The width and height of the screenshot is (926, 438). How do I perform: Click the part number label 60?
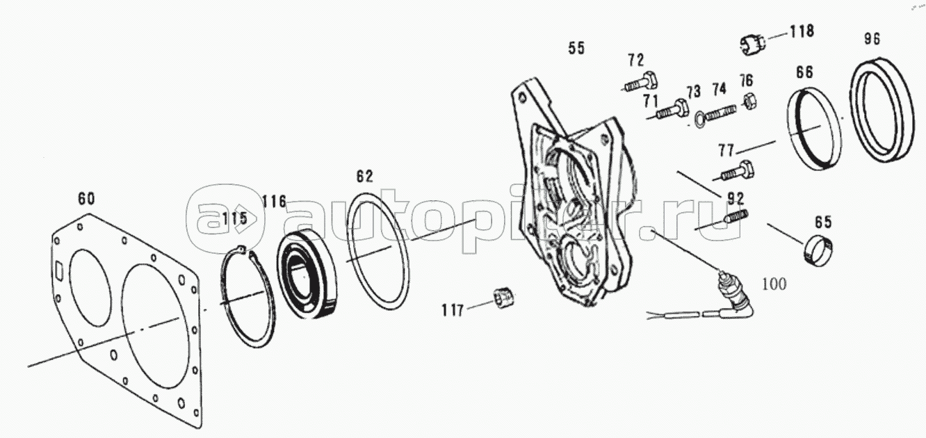tap(86, 199)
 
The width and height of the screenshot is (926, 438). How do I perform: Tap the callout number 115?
tap(234, 218)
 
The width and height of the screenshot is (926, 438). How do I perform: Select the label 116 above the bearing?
tap(274, 202)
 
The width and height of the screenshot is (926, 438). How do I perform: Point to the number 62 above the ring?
tap(364, 177)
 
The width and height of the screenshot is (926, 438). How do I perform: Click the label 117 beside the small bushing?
tap(453, 310)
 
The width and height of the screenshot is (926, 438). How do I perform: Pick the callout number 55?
tap(576, 49)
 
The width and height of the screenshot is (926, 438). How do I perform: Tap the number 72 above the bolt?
tap(636, 60)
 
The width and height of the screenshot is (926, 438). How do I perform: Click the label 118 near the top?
tap(802, 31)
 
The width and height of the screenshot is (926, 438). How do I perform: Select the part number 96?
tap(872, 39)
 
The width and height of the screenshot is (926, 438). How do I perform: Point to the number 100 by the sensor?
tap(774, 284)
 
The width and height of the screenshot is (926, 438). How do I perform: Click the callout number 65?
tap(822, 222)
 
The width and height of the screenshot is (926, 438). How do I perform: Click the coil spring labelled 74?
tap(721, 113)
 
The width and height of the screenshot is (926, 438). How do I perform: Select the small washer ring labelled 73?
tap(700, 120)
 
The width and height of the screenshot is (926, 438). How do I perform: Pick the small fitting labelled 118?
tap(752, 44)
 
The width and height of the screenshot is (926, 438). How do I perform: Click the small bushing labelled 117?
tap(504, 298)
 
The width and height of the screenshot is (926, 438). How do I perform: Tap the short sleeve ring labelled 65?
tap(818, 250)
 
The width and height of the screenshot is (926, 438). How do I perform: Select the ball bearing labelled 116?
tap(307, 275)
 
